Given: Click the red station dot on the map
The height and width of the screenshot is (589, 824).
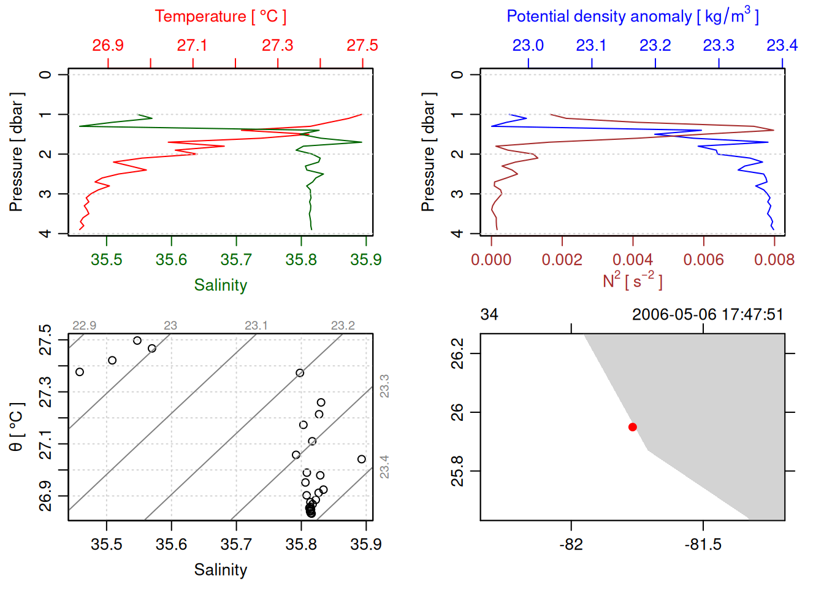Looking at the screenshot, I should click(x=633, y=427).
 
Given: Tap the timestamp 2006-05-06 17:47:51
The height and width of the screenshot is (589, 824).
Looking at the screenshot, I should click(x=708, y=315).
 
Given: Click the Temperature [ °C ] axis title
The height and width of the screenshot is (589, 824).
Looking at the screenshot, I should click(x=221, y=17).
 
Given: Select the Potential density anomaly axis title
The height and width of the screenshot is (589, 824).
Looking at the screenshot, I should click(x=632, y=16).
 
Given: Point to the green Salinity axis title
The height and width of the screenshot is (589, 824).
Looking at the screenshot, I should click(x=221, y=285).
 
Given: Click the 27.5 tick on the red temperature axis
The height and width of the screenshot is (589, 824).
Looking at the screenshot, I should click(x=362, y=45).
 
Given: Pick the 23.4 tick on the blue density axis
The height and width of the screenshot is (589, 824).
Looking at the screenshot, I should click(x=782, y=45).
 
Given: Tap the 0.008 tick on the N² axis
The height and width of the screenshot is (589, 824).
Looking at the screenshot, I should click(x=774, y=260).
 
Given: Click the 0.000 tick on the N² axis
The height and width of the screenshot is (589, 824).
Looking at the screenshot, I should click(x=491, y=260).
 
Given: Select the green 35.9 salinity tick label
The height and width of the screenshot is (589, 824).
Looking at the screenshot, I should click(x=366, y=260).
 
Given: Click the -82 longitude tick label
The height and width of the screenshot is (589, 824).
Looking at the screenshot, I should click(x=571, y=544).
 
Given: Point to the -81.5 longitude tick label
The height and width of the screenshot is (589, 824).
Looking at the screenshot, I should click(x=703, y=544).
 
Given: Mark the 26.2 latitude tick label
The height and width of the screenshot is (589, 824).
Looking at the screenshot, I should click(x=458, y=353).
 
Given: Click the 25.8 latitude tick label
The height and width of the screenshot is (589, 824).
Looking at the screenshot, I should click(x=458, y=471).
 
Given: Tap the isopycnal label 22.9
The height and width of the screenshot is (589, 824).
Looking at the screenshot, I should click(x=84, y=326).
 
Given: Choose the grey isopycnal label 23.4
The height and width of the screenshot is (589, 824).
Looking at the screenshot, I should click(x=384, y=467).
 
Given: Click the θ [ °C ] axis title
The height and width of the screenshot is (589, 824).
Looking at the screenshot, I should click(x=17, y=427).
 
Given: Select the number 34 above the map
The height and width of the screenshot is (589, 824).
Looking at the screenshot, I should click(x=489, y=315).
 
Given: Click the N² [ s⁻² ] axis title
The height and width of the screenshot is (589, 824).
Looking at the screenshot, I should click(x=632, y=280).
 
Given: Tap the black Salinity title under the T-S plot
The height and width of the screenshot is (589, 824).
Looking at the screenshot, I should click(x=221, y=570).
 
